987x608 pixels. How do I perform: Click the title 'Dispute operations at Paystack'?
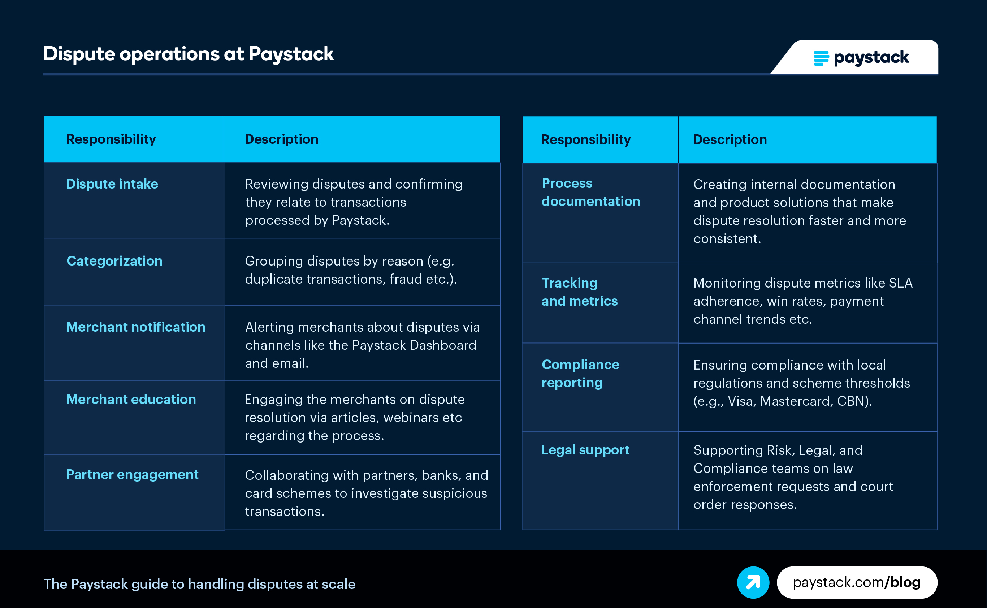[188, 54]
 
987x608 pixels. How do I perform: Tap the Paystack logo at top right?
[861, 58]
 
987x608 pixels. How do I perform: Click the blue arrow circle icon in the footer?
[753, 582]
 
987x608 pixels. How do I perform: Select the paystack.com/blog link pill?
[857, 582]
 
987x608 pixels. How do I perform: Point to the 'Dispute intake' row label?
[112, 184]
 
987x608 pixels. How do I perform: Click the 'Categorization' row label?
[114, 261]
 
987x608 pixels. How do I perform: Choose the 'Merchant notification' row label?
[136, 327]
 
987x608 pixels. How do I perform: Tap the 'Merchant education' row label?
[131, 399]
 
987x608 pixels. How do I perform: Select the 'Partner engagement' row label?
[132, 474]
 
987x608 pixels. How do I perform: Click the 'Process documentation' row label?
[591, 192]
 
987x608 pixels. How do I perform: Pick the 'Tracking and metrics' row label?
[580, 292]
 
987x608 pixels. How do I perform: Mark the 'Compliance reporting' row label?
[580, 374]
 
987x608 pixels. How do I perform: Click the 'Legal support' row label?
[585, 450]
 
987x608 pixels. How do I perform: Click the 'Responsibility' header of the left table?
[111, 139]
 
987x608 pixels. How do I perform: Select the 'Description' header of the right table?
[730, 139]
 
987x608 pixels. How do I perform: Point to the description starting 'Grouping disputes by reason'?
[351, 270]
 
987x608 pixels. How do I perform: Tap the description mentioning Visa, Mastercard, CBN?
[801, 383]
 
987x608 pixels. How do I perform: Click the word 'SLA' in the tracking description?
[901, 283]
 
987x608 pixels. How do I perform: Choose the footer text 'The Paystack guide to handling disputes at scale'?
[199, 584]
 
